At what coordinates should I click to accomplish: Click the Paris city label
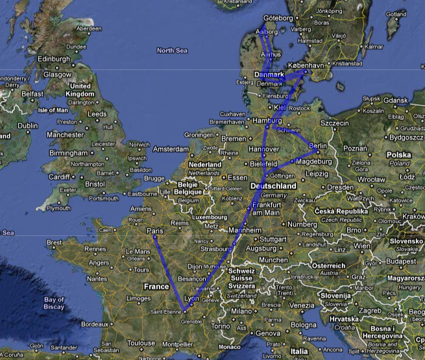155,231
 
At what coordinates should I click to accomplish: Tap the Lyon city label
191,298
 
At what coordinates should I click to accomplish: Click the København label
304,66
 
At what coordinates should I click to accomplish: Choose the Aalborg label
267,32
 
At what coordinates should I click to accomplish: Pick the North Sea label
171,50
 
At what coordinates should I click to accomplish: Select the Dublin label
28,126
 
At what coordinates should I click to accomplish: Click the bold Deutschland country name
273,186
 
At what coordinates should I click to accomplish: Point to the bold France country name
156,286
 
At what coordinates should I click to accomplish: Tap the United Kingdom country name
80,90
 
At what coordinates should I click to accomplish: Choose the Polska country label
399,156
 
